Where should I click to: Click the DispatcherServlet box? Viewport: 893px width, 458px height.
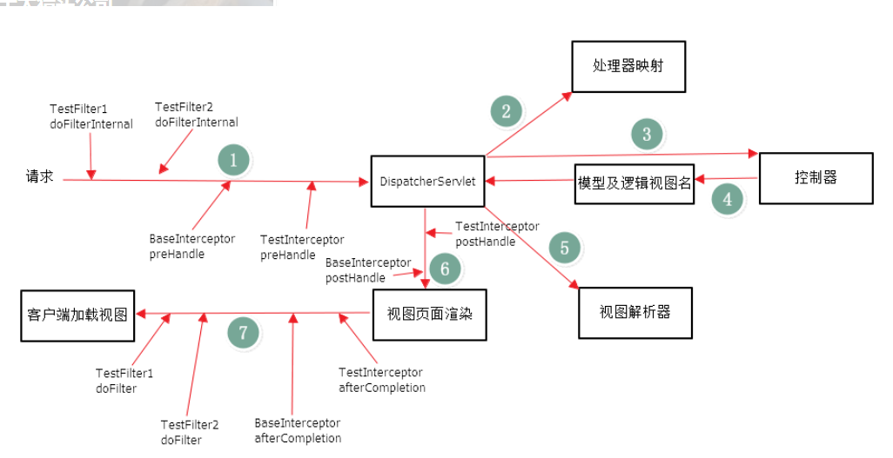click(427, 181)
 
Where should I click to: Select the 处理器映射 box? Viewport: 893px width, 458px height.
click(628, 66)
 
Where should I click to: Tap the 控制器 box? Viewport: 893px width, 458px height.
click(816, 178)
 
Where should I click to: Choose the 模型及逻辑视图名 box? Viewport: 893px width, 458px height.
click(634, 183)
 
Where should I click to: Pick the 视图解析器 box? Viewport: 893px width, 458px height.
click(635, 312)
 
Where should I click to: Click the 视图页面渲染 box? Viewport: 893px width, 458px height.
click(429, 314)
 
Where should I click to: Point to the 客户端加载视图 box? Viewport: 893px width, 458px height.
click(77, 315)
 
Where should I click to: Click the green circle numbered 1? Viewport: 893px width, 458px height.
click(233, 160)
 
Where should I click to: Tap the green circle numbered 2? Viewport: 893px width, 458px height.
click(507, 110)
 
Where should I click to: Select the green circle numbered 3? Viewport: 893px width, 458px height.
click(647, 134)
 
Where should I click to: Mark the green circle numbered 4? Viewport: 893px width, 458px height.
click(728, 199)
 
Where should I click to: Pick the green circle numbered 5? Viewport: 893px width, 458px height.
click(564, 248)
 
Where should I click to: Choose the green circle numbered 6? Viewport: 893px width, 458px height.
click(445, 269)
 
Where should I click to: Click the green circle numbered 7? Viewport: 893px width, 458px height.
click(244, 332)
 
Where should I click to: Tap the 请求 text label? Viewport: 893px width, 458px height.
click(39, 176)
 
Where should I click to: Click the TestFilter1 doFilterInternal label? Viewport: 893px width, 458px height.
click(91, 116)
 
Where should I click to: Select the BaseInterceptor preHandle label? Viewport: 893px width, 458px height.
click(191, 247)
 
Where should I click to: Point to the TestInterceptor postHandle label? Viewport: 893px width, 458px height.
click(497, 234)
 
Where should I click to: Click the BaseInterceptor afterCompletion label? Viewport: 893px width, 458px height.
click(298, 430)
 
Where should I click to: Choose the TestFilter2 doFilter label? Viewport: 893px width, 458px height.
click(189, 432)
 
